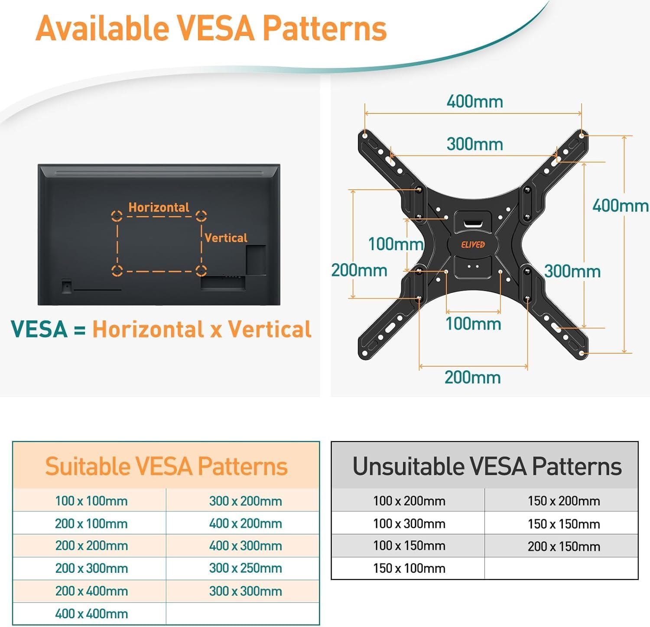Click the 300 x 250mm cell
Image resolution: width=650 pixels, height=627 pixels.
[x=245, y=568]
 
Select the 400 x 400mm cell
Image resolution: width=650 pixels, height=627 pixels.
[x=91, y=614]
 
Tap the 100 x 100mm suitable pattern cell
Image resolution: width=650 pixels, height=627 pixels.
[x=91, y=501]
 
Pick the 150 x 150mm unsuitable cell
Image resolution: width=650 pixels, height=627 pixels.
[x=564, y=524]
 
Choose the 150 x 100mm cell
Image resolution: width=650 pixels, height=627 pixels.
[x=409, y=568]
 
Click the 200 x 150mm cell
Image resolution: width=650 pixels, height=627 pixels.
[x=564, y=546]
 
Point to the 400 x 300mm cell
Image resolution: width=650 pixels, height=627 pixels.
[x=245, y=546]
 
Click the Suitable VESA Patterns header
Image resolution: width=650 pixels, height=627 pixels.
[x=166, y=466]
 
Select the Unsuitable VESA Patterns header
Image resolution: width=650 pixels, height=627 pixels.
[x=487, y=466]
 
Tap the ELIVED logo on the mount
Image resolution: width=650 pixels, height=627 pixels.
[x=473, y=245]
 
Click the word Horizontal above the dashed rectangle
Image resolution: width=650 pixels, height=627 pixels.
[x=159, y=207]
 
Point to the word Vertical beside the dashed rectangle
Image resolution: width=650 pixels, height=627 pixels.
[x=226, y=238]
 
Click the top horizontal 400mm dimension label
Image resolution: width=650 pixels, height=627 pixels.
[x=474, y=102]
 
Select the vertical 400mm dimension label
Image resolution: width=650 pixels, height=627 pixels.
[x=620, y=205]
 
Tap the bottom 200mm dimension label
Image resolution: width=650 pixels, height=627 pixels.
[x=472, y=377]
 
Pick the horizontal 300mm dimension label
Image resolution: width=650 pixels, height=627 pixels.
[x=474, y=144]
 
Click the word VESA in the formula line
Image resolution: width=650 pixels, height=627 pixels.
[x=39, y=329]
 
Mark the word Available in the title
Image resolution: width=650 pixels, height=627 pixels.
[x=102, y=29]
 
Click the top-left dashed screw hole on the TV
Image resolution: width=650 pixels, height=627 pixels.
[x=117, y=216]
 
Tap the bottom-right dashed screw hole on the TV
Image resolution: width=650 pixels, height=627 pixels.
[x=201, y=271]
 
